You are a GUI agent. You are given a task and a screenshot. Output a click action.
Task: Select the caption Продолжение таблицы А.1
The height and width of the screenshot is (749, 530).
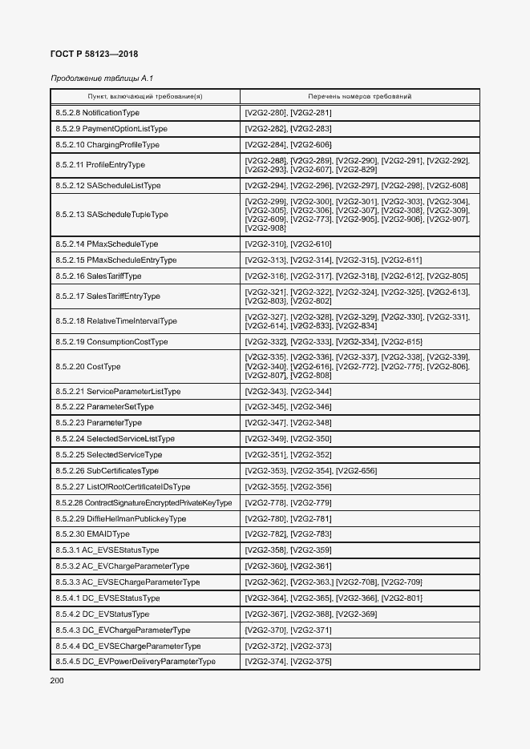coord(102,79)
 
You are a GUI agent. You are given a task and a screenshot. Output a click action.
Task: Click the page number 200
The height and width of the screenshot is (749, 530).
coord(57,680)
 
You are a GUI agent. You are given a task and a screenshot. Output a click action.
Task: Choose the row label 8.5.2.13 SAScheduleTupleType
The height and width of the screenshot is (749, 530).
coord(111,215)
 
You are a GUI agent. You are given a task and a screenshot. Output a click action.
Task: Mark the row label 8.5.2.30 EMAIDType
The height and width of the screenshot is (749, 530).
coord(92,534)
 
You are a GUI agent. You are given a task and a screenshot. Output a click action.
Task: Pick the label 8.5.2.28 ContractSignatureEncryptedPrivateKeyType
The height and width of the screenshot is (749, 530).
coord(144,503)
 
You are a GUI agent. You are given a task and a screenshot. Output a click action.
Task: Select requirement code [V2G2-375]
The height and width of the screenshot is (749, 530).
coord(311,662)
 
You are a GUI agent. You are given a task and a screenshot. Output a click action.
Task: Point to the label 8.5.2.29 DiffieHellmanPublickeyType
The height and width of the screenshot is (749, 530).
coord(120,519)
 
